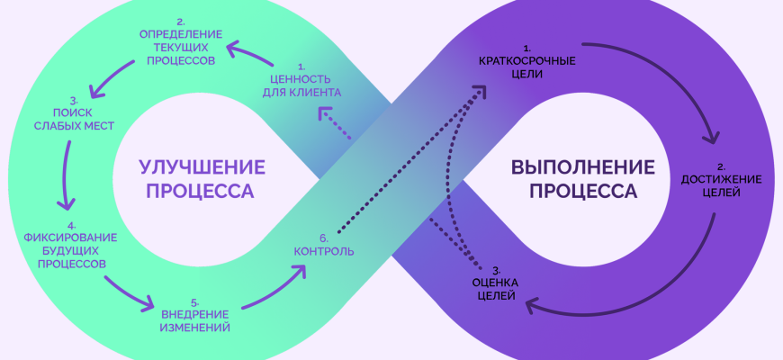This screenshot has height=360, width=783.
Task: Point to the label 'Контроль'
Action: (x=323, y=250)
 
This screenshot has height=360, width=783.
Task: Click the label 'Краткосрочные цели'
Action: (x=526, y=67)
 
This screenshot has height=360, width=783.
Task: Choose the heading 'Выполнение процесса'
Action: (x=582, y=177)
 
